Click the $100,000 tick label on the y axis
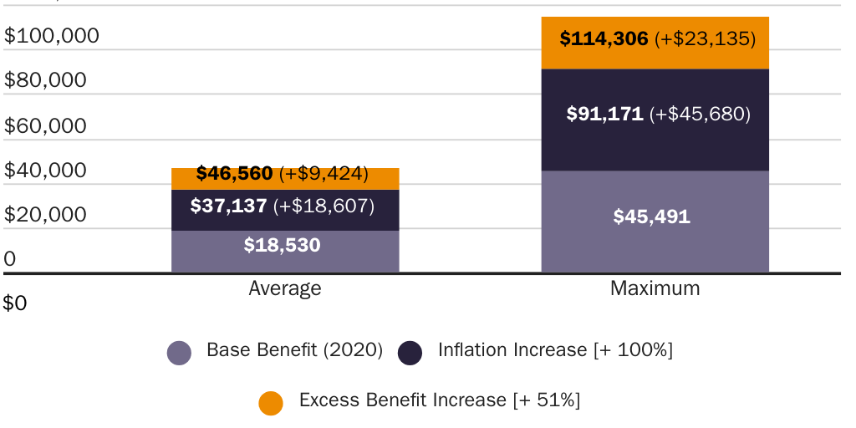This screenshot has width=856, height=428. click(52, 36)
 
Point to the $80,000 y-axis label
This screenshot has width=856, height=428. click(46, 80)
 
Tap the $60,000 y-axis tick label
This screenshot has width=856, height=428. click(46, 125)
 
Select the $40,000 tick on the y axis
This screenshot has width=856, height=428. click(46, 170)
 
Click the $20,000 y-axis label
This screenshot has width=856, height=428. click(46, 215)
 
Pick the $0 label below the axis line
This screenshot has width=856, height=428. click(15, 303)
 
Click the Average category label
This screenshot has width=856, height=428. click(285, 289)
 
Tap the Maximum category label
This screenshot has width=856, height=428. click(655, 289)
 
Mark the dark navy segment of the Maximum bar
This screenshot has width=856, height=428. click(655, 142)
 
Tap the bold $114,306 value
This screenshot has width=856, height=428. click(604, 38)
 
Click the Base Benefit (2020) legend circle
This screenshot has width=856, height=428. click(180, 353)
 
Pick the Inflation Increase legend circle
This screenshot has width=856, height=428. click(410, 353)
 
